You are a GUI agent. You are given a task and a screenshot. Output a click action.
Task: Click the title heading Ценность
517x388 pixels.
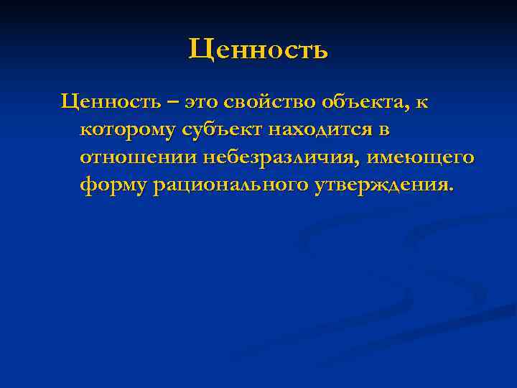click(x=258, y=50)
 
